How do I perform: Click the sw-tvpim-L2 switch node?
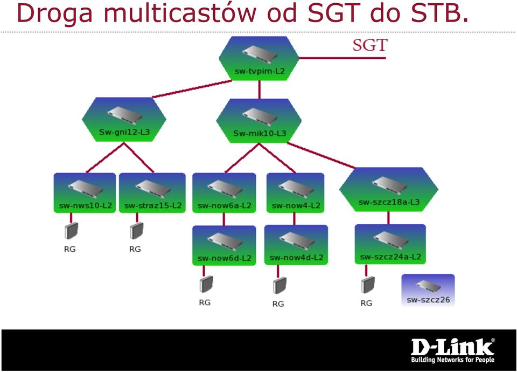coord(259,58)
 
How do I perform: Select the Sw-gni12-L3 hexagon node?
coord(124,120)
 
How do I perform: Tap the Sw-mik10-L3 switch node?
coord(259,121)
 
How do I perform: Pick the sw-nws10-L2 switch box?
coord(85,193)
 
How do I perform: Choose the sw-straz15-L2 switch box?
coord(152,193)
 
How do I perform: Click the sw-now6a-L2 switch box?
coord(224,193)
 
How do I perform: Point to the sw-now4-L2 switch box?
coord(296,193)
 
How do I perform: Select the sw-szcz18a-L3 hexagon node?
coord(389,189)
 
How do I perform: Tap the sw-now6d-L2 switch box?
coord(224,245)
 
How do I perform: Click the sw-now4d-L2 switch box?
coord(296,245)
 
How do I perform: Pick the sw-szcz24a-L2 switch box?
coord(390,244)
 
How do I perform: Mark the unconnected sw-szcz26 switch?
coord(428,290)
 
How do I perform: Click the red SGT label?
coord(370,45)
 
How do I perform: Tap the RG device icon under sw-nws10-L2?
coord(71,231)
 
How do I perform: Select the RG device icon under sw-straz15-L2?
coord(136,231)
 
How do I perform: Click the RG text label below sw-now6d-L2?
coord(205,302)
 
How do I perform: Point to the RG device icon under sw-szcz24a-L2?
coord(368,285)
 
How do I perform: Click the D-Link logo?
coord(453,350)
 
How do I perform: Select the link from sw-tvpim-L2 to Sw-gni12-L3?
coord(192,89)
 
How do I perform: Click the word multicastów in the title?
coord(180,13)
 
